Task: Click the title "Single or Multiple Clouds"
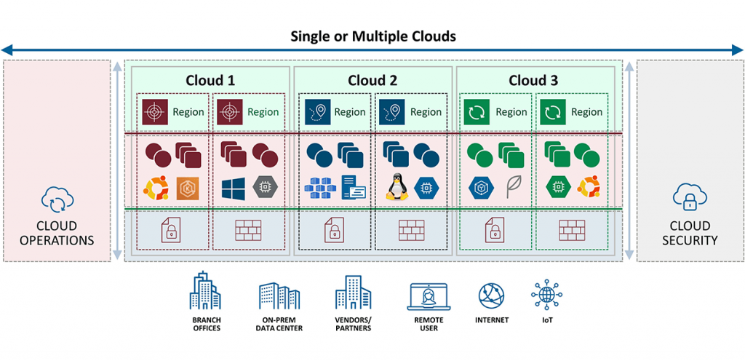click(372, 36)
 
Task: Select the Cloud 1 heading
click(210, 80)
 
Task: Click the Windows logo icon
click(233, 188)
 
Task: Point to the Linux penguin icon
click(395, 188)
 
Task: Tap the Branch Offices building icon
click(206, 292)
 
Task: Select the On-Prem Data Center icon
click(279, 295)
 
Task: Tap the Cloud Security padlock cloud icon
click(688, 197)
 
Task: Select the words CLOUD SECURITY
click(689, 233)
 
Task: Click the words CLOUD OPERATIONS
click(57, 233)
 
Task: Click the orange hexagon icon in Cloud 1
click(187, 188)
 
